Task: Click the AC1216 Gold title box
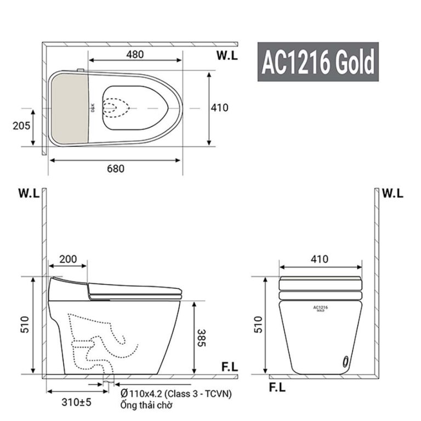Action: (318, 62)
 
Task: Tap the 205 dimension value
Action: (21, 125)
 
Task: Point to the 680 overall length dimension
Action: (115, 168)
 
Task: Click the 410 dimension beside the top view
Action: (219, 107)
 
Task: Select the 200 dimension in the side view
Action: (68, 259)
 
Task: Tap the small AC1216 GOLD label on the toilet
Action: (320, 309)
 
